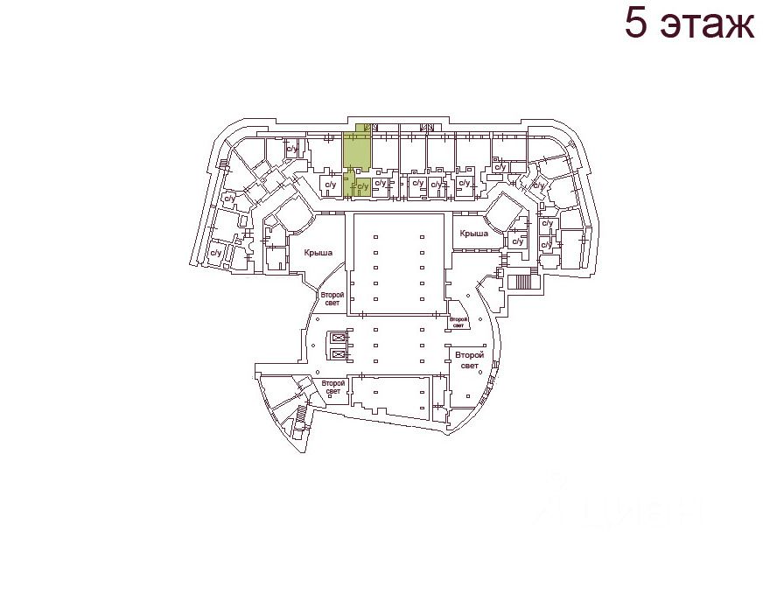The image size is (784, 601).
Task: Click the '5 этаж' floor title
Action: pyautogui.click(x=689, y=24)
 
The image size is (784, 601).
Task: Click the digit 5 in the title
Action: pyautogui.click(x=636, y=24)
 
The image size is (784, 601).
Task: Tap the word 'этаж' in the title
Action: pyautogui.click(x=707, y=25)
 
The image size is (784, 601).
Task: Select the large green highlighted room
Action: pyautogui.click(x=355, y=151)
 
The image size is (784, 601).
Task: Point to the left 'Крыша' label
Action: pyautogui.click(x=318, y=253)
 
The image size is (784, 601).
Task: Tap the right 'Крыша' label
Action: pyautogui.click(x=473, y=234)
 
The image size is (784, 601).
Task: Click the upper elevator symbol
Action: pyautogui.click(x=337, y=338)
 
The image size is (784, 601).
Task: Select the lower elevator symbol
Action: pyautogui.click(x=337, y=353)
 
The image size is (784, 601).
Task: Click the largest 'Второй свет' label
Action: pyautogui.click(x=469, y=360)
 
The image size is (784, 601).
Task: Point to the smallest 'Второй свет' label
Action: pyautogui.click(x=458, y=322)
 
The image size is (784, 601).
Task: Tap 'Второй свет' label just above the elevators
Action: pyautogui.click(x=332, y=299)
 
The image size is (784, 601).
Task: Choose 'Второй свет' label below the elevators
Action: pyautogui.click(x=332, y=387)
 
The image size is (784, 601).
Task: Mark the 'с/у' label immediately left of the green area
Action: pyautogui.click(x=331, y=185)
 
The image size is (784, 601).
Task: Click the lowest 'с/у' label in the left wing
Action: pyautogui.click(x=214, y=253)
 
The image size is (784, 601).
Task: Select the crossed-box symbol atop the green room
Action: pyautogui.click(x=367, y=128)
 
